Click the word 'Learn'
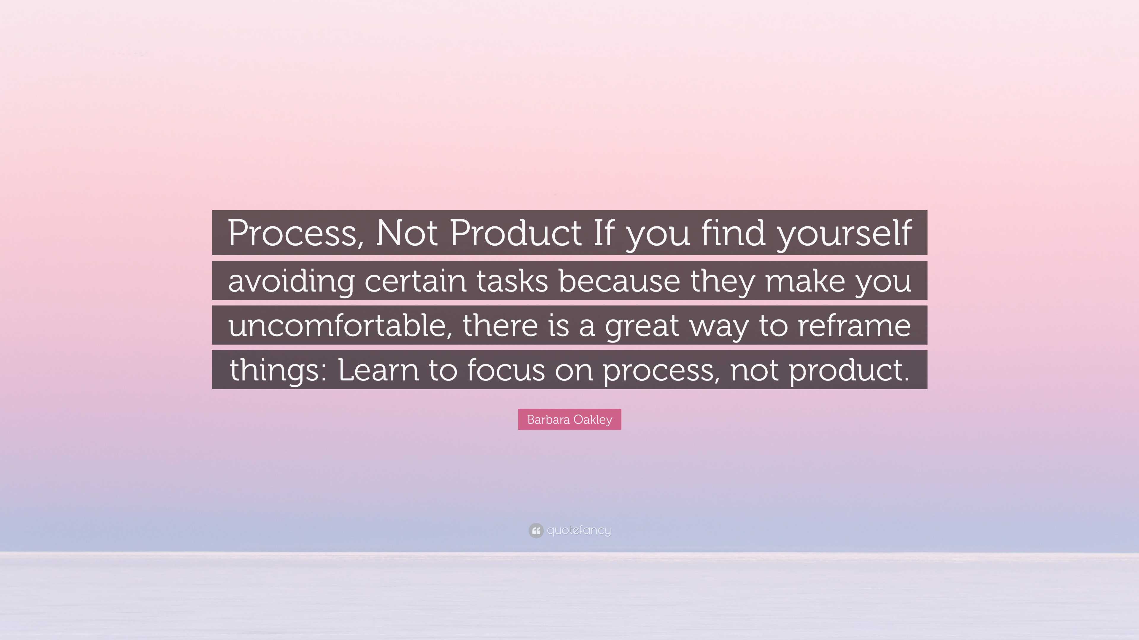378,370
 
